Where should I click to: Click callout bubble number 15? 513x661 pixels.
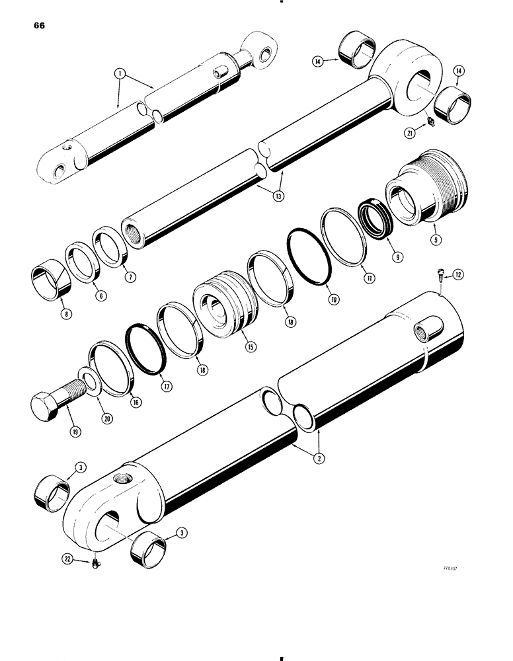coord(250,345)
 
